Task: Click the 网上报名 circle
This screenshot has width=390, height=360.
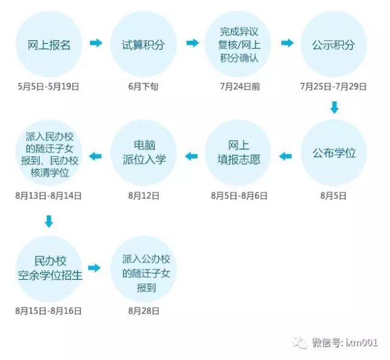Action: [49, 44]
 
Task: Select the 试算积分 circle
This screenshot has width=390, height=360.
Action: [143, 44]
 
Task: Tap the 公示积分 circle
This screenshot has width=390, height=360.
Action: [333, 44]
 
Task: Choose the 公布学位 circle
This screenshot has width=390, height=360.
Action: [333, 152]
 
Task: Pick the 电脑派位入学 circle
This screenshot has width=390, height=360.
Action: [143, 152]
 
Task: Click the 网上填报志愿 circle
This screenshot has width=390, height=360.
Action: [238, 152]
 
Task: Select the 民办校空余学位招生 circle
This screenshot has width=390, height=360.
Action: [49, 269]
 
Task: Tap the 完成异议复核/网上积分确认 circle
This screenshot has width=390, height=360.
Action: [238, 44]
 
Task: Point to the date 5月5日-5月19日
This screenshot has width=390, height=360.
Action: [49, 86]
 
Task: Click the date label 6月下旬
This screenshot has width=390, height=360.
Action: [143, 86]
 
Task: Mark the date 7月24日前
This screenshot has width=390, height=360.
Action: [239, 86]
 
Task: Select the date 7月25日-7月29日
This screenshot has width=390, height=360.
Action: [333, 86]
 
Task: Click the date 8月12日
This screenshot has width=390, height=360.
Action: [143, 196]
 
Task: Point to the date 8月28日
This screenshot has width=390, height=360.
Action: [143, 311]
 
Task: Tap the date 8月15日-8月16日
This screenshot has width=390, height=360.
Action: [49, 311]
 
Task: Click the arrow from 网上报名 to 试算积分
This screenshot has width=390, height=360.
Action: [96, 43]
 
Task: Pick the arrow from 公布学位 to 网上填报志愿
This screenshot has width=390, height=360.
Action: [286, 157]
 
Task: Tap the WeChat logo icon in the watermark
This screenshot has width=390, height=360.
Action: [300, 342]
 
